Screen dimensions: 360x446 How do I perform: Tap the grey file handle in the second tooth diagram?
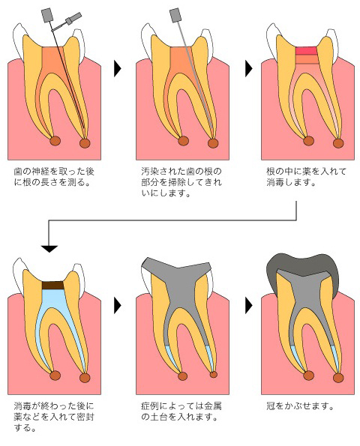tap(175, 15)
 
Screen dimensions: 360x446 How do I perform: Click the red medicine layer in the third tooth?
tap(306, 51)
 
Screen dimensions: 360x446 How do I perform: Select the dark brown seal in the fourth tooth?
tap(53, 286)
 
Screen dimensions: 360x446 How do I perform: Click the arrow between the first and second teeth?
tap(117, 68)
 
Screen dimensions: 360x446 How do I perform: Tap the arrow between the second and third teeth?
tap(248, 68)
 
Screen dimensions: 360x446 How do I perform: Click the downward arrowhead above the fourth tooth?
tap(49, 249)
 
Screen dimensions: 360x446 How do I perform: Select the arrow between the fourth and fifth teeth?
tap(117, 306)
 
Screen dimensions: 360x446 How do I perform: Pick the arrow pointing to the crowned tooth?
tap(248, 306)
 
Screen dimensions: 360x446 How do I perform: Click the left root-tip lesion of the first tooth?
tap(55, 140)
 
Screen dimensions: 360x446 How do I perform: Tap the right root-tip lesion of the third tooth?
tap(338, 143)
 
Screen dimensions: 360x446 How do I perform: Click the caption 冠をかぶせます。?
tap(300, 406)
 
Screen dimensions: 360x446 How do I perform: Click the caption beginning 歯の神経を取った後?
tap(54, 177)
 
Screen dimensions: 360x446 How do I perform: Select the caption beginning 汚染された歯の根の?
tap(181, 182)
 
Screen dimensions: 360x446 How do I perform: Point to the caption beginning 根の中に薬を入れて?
tap(306, 177)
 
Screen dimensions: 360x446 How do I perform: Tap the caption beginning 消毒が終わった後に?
tap(54, 417)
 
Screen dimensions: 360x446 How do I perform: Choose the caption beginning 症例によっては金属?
tap(181, 412)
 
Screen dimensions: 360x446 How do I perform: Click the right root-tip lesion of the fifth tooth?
tap(214, 374)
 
